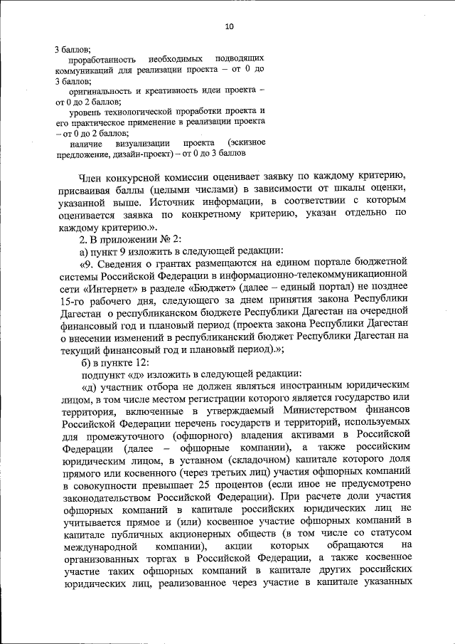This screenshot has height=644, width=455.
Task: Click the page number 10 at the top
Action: (x=229, y=26)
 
